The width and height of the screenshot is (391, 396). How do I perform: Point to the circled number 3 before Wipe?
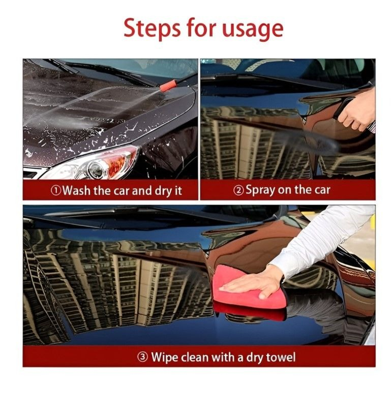[142, 357]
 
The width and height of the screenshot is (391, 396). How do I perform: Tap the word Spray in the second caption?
[260, 190]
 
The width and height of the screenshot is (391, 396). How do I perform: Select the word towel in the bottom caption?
[281, 357]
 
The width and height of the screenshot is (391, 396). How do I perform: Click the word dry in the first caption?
[163, 191]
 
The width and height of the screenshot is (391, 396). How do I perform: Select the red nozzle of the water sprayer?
[167, 86]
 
